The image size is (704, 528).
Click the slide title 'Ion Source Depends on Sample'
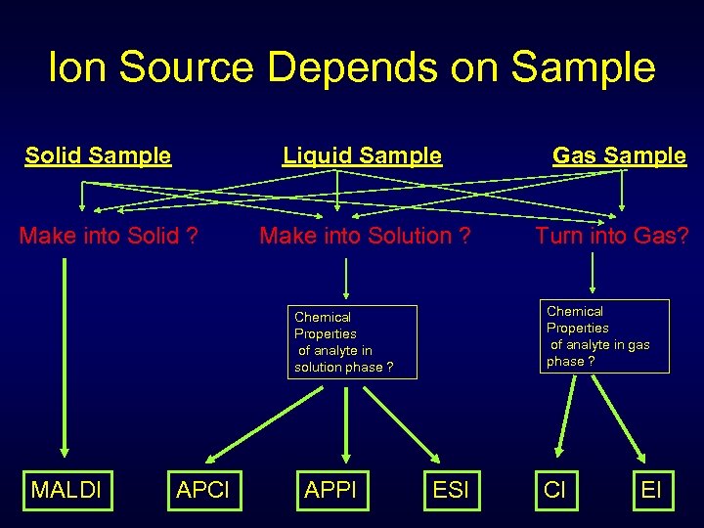(352, 67)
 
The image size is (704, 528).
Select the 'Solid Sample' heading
(98, 155)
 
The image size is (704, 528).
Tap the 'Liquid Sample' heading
(362, 155)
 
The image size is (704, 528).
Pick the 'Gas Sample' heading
(619, 155)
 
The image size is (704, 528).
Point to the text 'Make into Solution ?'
(365, 236)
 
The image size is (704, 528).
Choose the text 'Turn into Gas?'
(611, 236)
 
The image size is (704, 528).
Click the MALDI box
(66, 489)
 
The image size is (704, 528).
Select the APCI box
(202, 489)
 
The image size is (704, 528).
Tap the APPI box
(330, 489)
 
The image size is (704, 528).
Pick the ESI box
(451, 489)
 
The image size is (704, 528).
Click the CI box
(554, 489)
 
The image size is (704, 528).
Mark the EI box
(651, 489)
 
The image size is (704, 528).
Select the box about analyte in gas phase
(606, 336)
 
